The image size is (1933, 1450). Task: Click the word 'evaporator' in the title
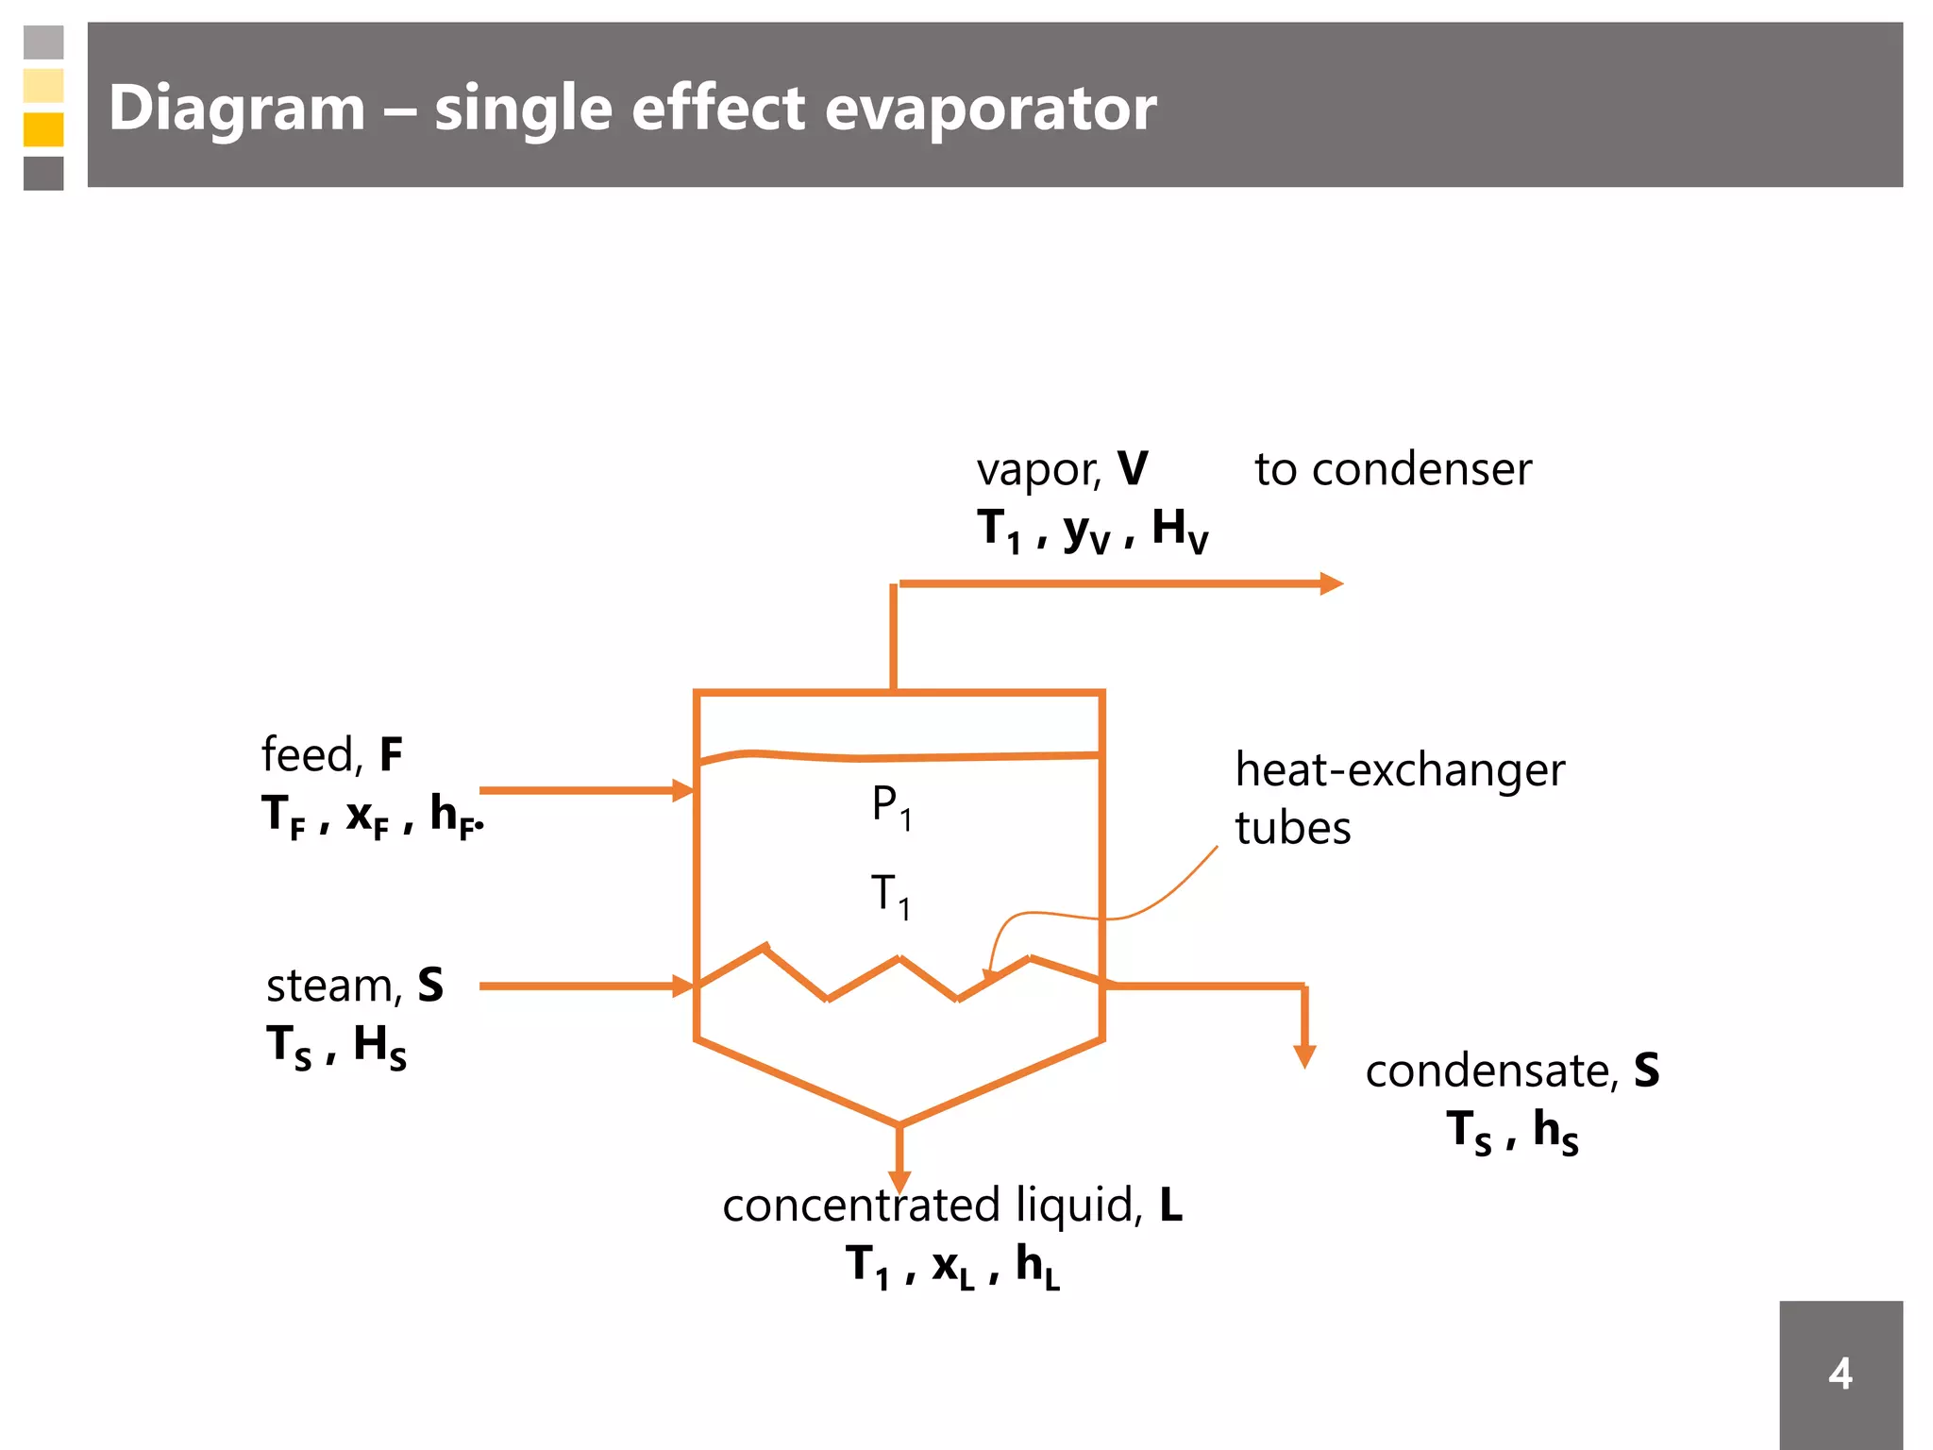pos(990,108)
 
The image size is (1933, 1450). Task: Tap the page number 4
pos(1840,1374)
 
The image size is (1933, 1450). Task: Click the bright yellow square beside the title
pos(43,129)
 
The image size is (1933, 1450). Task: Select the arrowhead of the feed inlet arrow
pos(683,790)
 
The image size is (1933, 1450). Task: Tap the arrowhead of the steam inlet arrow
pos(683,986)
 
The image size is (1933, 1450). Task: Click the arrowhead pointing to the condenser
pos(1331,583)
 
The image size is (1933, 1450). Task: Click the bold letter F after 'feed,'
pos(391,755)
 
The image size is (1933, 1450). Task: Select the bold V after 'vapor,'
pos(1133,469)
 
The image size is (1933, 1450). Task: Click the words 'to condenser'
pos(1392,469)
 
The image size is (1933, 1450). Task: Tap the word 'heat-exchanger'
pos(1400,770)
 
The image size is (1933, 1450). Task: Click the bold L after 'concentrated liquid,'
pos(1170,1206)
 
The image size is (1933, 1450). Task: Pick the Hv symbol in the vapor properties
pos(1179,531)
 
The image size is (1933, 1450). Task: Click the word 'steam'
pos(334,986)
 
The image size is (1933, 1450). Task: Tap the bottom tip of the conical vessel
pos(899,1124)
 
